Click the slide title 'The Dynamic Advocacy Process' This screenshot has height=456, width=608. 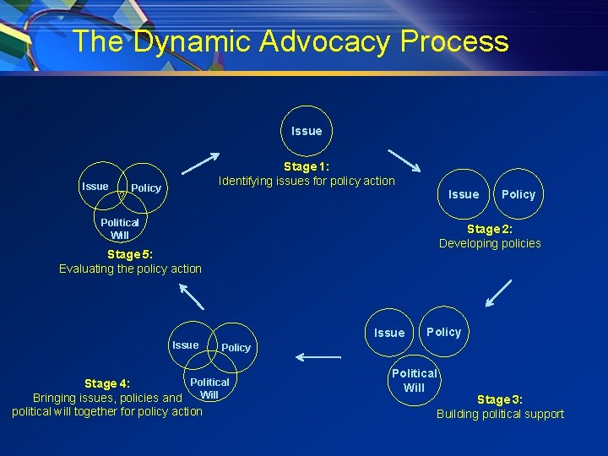click(x=290, y=41)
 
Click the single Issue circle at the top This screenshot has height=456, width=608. click(x=307, y=131)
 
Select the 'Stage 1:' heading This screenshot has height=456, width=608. click(x=307, y=166)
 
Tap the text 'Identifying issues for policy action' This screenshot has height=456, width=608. click(x=307, y=181)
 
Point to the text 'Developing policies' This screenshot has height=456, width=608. click(x=490, y=243)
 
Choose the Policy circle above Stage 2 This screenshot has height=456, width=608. click(x=518, y=194)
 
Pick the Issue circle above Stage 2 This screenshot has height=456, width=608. click(x=464, y=194)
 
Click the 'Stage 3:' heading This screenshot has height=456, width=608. click(x=500, y=399)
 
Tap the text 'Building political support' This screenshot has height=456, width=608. click(x=500, y=414)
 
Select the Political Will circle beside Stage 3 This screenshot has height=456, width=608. click(x=414, y=380)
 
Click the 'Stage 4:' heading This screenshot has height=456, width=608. click(x=106, y=384)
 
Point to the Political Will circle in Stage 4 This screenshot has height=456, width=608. click(x=209, y=388)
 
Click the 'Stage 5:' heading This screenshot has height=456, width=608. click(x=130, y=254)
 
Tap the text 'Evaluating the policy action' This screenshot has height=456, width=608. click(x=130, y=269)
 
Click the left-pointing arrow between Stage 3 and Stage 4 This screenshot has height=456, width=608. click(x=318, y=357)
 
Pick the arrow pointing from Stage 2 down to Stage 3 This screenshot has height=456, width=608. click(x=498, y=292)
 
